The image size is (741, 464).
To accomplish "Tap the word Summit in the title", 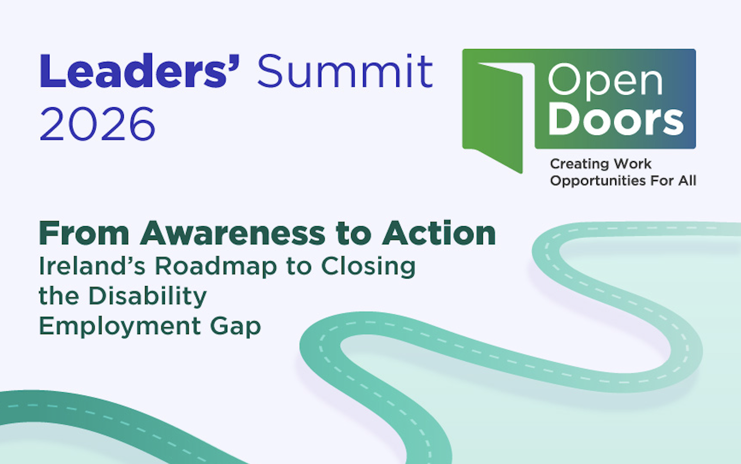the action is click(x=345, y=71).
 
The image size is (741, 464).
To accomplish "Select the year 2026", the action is click(x=97, y=123).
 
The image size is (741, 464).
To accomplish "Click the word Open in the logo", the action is click(x=605, y=82).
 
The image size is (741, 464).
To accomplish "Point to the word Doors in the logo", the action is click(x=616, y=119).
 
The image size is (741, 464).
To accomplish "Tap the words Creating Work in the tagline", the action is click(x=601, y=164).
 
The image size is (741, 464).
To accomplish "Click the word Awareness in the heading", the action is click(x=233, y=233).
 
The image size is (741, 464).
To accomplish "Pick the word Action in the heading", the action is click(x=439, y=233).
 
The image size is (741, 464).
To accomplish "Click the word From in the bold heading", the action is click(x=84, y=233).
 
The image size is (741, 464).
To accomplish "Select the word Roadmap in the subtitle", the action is click(x=216, y=266).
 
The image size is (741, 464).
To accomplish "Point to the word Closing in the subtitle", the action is click(x=368, y=266).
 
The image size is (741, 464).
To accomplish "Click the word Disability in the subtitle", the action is click(x=148, y=296).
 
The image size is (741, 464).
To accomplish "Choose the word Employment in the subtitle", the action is click(x=120, y=326).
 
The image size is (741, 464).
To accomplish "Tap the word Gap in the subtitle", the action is click(x=236, y=327).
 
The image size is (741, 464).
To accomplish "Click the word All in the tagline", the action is click(x=688, y=180).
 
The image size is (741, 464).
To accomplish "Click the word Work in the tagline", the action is click(x=633, y=164).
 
